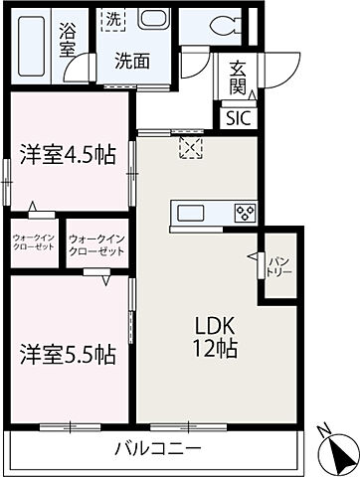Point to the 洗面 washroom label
[x=128, y=60]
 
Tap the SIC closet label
[x=238, y=116]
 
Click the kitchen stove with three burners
[x=244, y=213]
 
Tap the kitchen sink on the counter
[x=190, y=213]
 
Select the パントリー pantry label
[x=277, y=266]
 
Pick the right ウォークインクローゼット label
[x=96, y=244]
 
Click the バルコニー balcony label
[x=149, y=448]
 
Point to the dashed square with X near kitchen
[x=189, y=147]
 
